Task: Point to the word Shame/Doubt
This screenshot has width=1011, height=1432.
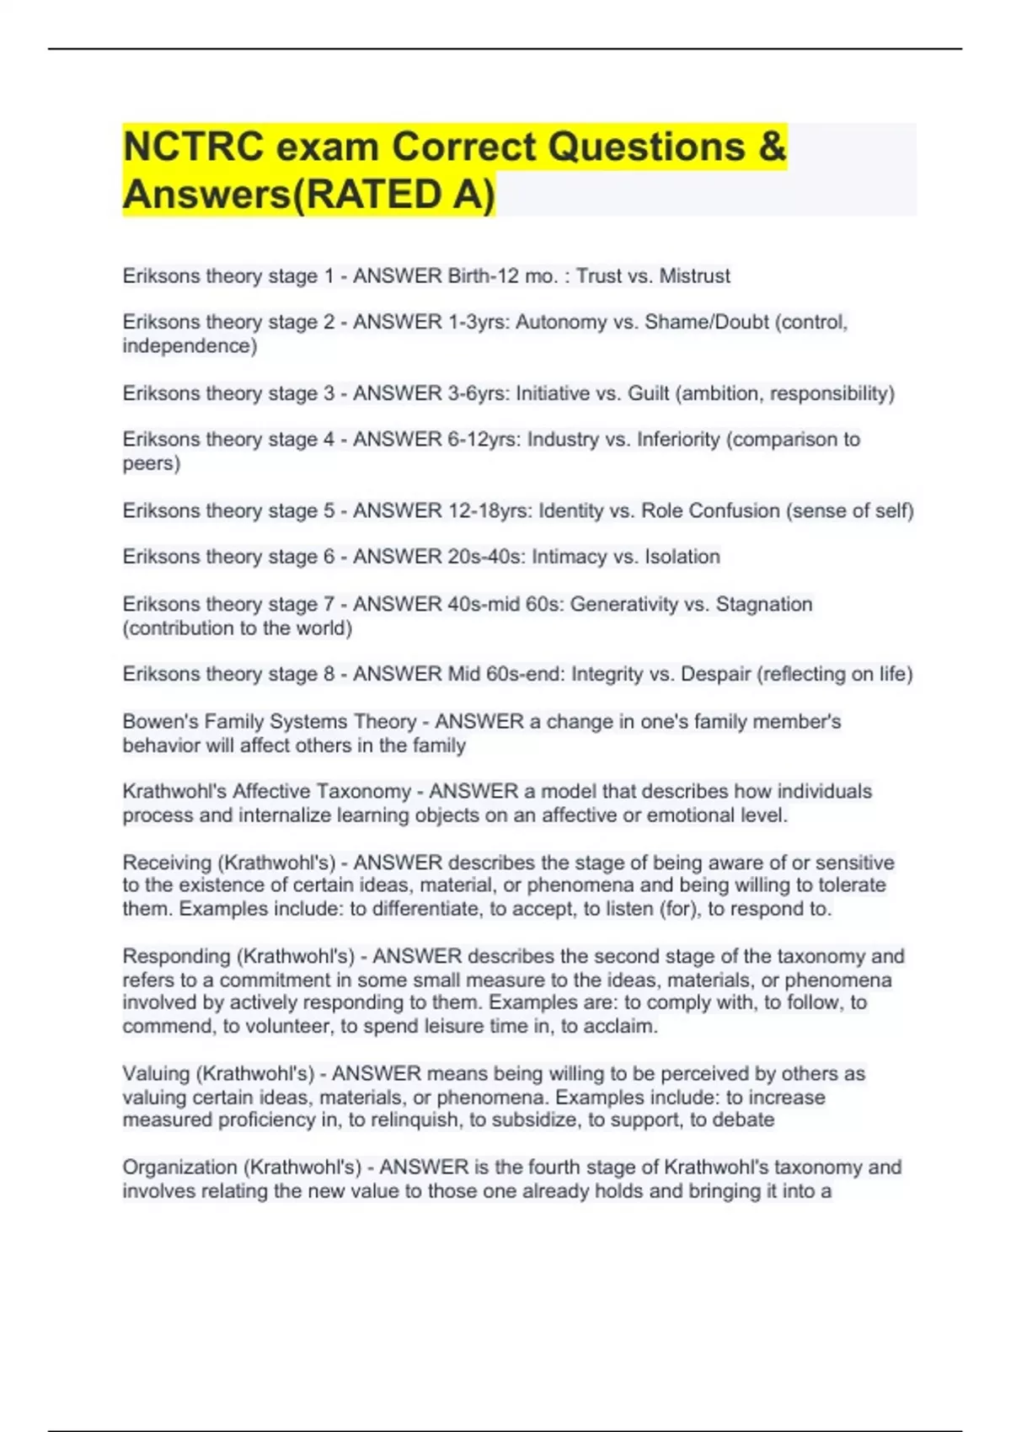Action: pos(706,322)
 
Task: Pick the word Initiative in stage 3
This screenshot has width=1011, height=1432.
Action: pos(553,393)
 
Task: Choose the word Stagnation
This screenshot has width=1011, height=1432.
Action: pos(764,604)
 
